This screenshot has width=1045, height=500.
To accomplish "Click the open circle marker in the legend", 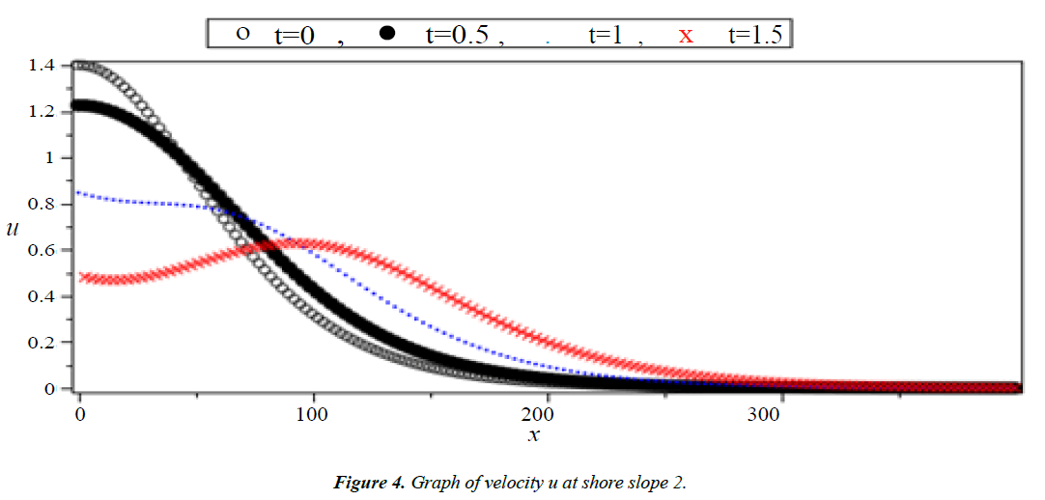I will click(242, 34).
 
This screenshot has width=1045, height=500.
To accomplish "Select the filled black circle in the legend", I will click(388, 34).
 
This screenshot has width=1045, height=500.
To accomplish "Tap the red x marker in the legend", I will click(686, 36).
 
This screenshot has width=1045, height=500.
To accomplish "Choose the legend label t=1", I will click(609, 35).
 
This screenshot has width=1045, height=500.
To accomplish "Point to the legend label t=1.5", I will click(759, 35).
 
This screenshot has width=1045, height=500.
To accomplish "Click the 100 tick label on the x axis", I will click(313, 415).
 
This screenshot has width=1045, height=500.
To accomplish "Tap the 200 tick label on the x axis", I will click(547, 415).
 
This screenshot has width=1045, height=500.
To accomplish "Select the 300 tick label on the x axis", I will click(780, 415).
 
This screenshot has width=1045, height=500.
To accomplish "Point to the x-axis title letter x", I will click(533, 435).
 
